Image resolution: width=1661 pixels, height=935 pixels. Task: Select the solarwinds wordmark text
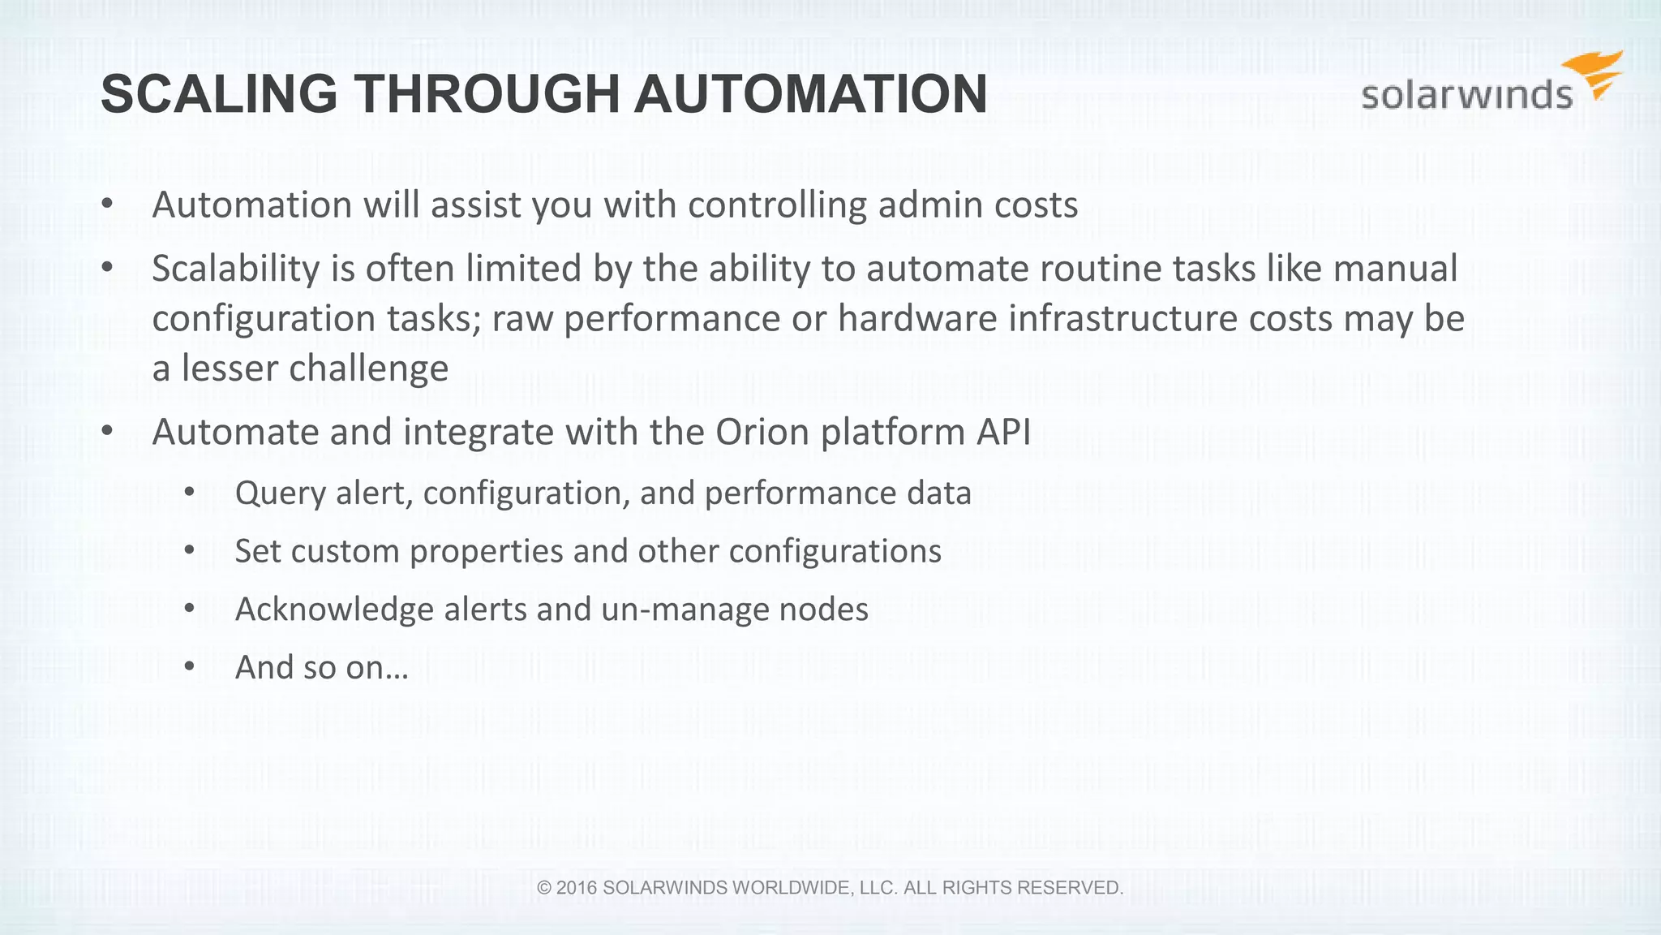coord(1466,96)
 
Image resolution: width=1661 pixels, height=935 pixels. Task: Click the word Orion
coord(762,432)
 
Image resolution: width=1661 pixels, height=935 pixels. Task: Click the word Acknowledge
coord(334,610)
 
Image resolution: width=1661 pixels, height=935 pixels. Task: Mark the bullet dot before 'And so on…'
coord(190,666)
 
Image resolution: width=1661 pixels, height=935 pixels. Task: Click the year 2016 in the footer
coord(577,888)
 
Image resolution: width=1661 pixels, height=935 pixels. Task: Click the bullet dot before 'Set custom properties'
coord(190,550)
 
